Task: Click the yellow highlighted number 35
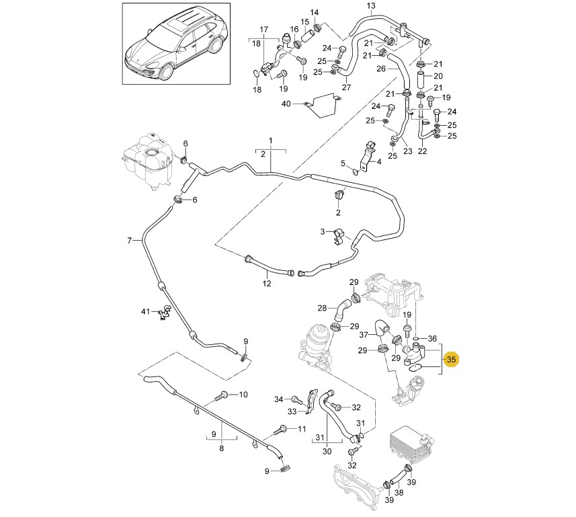pyautogui.click(x=451, y=358)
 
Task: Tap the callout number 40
pyautogui.click(x=286, y=104)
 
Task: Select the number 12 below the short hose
pyautogui.click(x=267, y=283)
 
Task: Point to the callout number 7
pyautogui.click(x=129, y=240)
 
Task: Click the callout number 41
pyautogui.click(x=146, y=311)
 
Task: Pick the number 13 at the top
pyautogui.click(x=371, y=5)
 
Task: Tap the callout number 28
pyautogui.click(x=322, y=308)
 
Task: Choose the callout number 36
pyautogui.click(x=432, y=338)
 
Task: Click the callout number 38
pyautogui.click(x=399, y=492)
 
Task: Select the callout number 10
pyautogui.click(x=243, y=395)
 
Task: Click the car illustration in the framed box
pyautogui.click(x=176, y=44)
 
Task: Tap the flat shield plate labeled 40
pyautogui.click(x=323, y=106)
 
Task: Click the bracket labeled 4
pyautogui.click(x=367, y=156)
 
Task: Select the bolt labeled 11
pyautogui.click(x=282, y=430)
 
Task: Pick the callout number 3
pyautogui.click(x=323, y=232)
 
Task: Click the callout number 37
pyautogui.click(x=364, y=334)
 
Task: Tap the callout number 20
pyautogui.click(x=438, y=76)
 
